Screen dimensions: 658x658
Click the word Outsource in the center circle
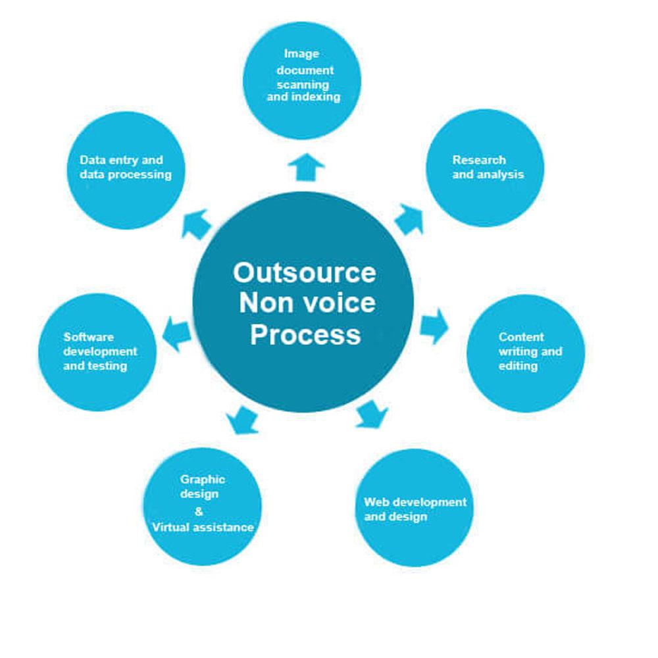[x=305, y=272]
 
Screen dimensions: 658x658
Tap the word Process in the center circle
[x=305, y=334]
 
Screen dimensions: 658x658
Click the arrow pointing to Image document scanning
[x=306, y=168]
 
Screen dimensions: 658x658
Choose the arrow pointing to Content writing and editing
[x=434, y=325]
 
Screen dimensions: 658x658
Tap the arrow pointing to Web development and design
[x=372, y=413]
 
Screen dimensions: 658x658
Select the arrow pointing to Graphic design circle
[x=241, y=419]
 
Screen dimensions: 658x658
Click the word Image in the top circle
[x=301, y=54]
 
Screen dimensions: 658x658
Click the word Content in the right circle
[x=521, y=337]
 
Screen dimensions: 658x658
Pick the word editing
[x=518, y=365]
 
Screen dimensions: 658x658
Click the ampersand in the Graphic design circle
[x=199, y=511]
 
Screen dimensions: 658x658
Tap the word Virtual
[x=173, y=527]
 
